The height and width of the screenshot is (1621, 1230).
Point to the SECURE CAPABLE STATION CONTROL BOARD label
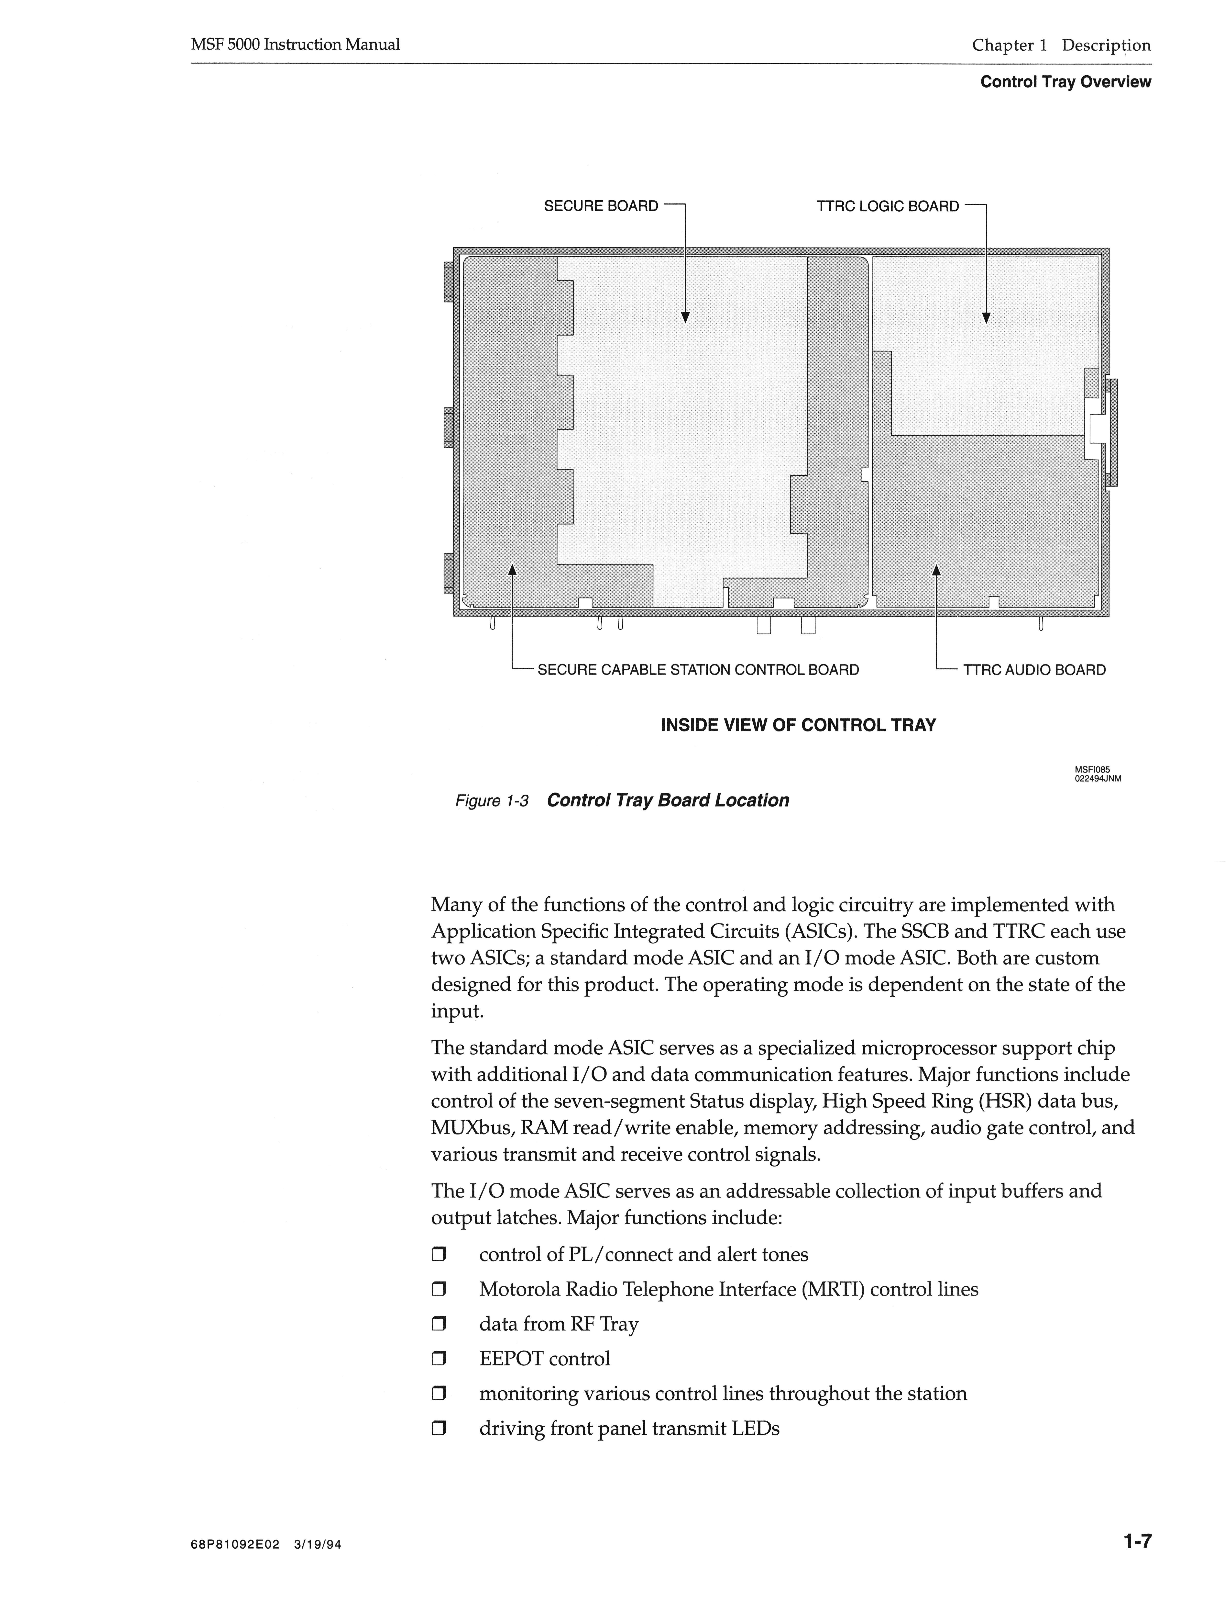click(x=698, y=670)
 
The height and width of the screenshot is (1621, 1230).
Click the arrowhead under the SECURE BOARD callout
click(x=685, y=317)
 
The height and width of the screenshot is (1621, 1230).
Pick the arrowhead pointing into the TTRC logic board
click(x=986, y=317)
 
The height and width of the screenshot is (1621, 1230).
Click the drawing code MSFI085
click(x=1092, y=769)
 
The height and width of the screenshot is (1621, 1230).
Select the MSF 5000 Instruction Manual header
click(x=295, y=45)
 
